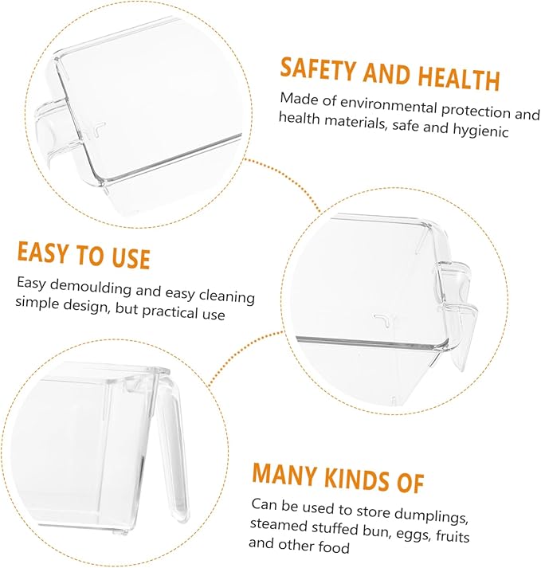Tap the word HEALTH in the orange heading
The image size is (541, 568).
(459, 78)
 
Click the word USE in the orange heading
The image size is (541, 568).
(131, 257)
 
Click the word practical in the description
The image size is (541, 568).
(170, 311)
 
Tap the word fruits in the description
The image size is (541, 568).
(453, 535)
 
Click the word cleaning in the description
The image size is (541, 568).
(227, 296)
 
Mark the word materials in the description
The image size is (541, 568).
(355, 122)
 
